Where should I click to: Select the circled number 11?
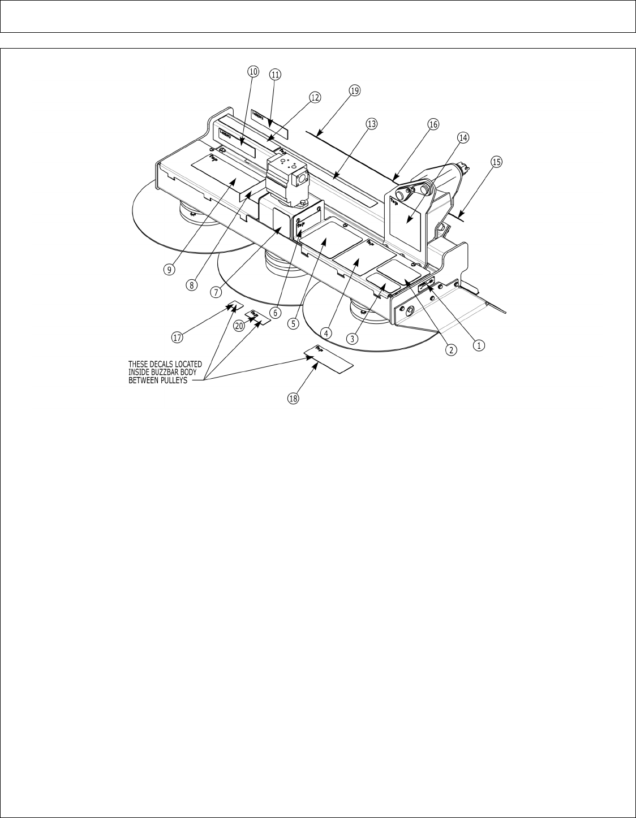(x=276, y=74)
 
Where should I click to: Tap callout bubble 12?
(x=315, y=97)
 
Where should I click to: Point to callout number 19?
(x=354, y=90)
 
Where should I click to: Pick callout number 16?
(x=433, y=124)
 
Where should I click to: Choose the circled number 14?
(x=463, y=137)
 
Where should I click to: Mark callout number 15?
(x=496, y=162)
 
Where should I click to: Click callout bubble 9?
(x=169, y=270)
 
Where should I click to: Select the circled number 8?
(x=192, y=285)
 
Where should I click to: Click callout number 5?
(x=293, y=323)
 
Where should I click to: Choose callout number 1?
(x=478, y=344)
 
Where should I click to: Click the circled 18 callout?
(x=293, y=398)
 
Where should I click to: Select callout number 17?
(x=178, y=337)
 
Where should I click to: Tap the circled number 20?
(x=239, y=325)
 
